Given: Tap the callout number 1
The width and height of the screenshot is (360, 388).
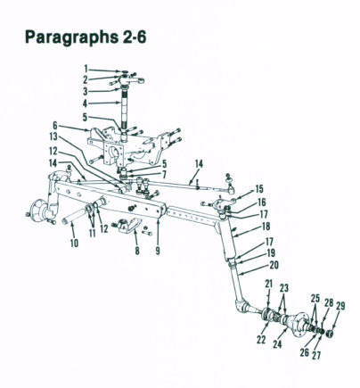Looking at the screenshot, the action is point(86,70).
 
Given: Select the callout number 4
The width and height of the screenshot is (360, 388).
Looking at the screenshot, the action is point(86,103).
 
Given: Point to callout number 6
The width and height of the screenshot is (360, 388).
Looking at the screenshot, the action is point(55,125).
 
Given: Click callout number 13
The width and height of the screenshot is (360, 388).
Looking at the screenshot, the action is point(53,136).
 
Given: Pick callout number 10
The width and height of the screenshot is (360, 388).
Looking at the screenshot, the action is point(74,243).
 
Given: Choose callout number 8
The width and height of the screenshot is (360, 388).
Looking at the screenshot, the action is point(137,251).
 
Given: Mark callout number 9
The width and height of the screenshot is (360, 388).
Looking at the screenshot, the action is point(158,251).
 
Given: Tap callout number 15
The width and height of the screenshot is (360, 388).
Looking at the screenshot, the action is point(258,189).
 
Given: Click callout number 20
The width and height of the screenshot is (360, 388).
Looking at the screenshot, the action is point(274,265).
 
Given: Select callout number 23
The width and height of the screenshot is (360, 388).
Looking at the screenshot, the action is point(284,288).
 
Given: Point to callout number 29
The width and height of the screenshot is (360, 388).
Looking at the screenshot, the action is point(341,306).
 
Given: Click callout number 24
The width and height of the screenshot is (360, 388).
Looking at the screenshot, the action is point(277,344).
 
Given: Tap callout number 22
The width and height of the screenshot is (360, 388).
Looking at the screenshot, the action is point(261,339).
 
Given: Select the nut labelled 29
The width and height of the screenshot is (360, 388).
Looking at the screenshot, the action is point(329,334).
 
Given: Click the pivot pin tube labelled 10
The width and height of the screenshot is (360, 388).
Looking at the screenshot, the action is point(74,216).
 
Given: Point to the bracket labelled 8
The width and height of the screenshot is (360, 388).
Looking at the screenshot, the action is point(131,225).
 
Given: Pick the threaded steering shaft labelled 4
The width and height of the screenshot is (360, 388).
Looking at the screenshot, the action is point(123,111).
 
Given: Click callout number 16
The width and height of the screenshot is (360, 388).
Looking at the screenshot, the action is point(262,202).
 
